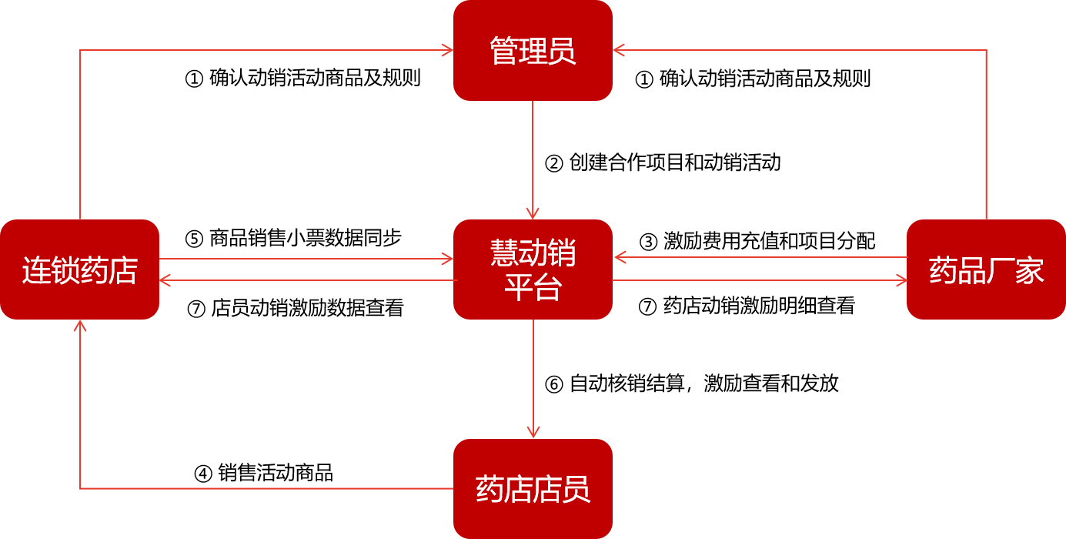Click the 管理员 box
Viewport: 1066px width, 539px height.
pos(533,50)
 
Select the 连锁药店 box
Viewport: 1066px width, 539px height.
pos(79,269)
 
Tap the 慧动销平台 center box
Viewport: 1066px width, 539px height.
pos(533,269)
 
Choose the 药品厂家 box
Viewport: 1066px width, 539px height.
pos(986,269)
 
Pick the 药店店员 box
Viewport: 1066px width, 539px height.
pos(533,489)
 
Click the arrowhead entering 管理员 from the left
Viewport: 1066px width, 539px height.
pos(448,50)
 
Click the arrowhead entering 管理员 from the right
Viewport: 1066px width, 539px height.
pos(619,50)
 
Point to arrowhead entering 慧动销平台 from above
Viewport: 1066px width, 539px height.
pos(533,213)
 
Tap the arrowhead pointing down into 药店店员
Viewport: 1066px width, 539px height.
pos(533,433)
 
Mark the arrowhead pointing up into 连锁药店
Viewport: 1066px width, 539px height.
pos(80,326)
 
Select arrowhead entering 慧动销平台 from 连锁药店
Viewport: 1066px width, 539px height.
pos(448,259)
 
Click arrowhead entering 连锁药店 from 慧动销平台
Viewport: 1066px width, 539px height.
pos(165,280)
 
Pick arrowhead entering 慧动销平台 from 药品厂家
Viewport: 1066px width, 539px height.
pos(619,257)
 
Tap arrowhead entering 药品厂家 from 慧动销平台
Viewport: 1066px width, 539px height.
pos(901,280)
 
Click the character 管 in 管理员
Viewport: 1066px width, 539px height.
pos(504,52)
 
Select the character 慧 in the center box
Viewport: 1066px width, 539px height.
pos(504,253)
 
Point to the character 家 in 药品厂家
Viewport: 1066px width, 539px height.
pos(1030,271)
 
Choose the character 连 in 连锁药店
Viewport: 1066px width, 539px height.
pos(36,271)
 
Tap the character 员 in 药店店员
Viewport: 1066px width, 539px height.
pos(576,490)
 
